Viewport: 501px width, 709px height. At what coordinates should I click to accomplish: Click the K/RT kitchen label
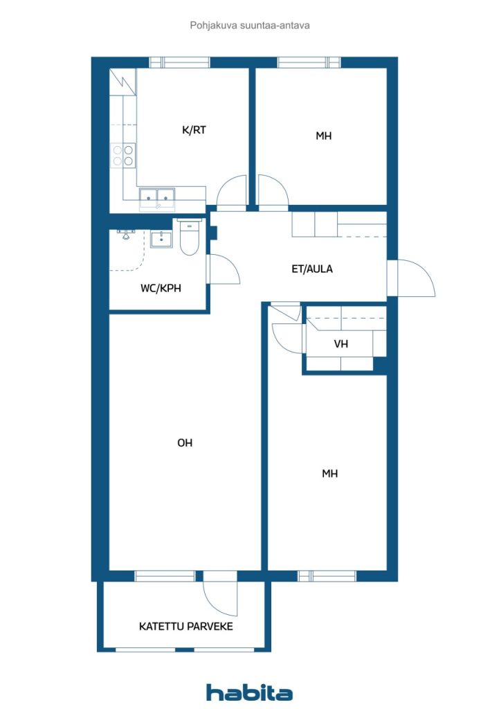(193, 129)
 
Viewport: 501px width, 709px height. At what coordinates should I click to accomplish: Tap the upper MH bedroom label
(323, 136)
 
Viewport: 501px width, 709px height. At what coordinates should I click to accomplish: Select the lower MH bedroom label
(329, 474)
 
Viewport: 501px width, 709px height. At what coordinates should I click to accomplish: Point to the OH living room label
(185, 443)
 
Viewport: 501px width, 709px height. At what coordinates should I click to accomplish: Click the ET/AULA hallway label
(311, 269)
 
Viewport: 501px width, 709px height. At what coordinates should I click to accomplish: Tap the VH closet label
(340, 343)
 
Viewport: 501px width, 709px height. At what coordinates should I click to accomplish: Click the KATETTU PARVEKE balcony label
(185, 626)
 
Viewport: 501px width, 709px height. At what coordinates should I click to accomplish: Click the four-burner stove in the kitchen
(123, 155)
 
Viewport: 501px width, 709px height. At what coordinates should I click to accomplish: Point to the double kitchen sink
(157, 198)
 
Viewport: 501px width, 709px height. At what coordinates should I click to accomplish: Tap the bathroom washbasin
(161, 239)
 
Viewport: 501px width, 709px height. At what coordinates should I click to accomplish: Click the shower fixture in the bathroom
(126, 234)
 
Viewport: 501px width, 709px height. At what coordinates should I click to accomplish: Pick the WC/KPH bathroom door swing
(223, 270)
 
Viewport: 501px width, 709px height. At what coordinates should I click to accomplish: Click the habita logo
(249, 692)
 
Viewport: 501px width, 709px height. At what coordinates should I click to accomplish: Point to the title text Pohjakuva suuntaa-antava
(249, 25)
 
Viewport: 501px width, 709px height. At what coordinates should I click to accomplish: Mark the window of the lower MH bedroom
(327, 575)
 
